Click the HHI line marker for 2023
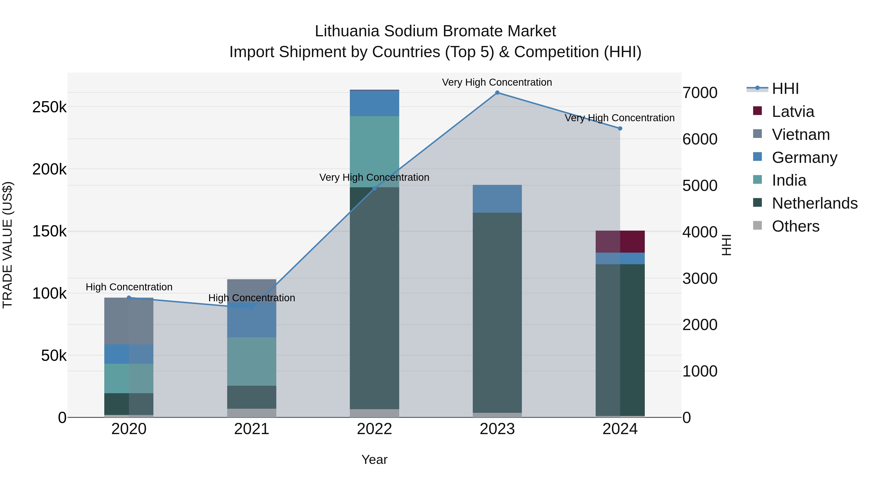click(497, 93)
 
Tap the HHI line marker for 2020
click(129, 298)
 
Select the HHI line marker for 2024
click(620, 128)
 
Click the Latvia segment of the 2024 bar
click(620, 241)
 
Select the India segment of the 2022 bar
click(374, 151)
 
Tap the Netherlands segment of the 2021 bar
click(252, 397)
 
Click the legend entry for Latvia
click(793, 112)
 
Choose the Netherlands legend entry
click(814, 203)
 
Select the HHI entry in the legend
click(785, 89)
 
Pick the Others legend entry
click(795, 226)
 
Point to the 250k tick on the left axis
click(49, 107)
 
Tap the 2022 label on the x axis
click(374, 429)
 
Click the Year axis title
click(374, 460)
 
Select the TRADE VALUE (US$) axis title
click(8, 245)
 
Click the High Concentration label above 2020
click(129, 287)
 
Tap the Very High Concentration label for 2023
click(497, 82)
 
